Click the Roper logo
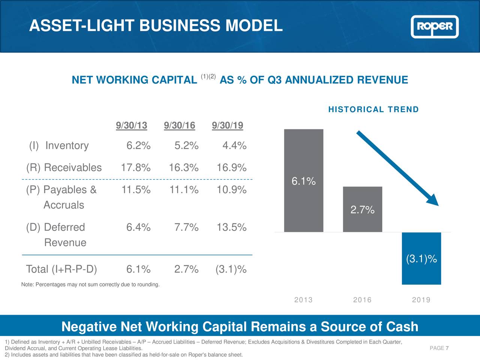(435, 27)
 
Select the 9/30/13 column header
(131, 125)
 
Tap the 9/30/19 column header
(227, 125)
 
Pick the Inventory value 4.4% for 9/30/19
(234, 145)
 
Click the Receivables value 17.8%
(136, 168)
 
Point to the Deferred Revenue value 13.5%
(231, 227)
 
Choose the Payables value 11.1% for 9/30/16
(184, 190)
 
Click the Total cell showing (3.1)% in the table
(231, 269)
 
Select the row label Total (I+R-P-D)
(61, 269)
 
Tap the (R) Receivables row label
(64, 168)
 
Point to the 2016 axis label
(362, 300)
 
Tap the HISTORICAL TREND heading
(373, 109)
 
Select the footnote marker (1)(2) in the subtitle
(208, 76)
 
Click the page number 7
(447, 348)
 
